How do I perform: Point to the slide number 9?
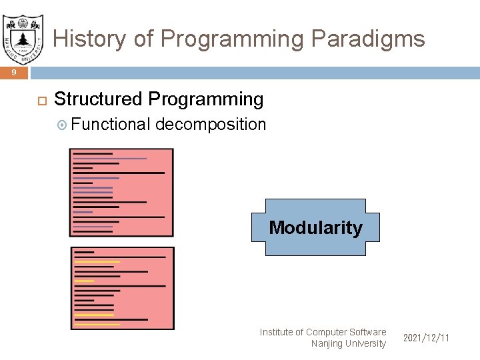pos(14,73)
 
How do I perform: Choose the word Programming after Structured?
pos(206,99)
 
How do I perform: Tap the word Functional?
pos(111,125)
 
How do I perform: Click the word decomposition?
pos(211,125)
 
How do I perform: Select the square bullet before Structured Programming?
pos(40,101)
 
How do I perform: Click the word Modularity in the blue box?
pos(315,227)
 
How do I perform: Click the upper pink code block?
pos(121,192)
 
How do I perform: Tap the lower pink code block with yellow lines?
pos(122,288)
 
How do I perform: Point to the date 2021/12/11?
pos(426,338)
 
